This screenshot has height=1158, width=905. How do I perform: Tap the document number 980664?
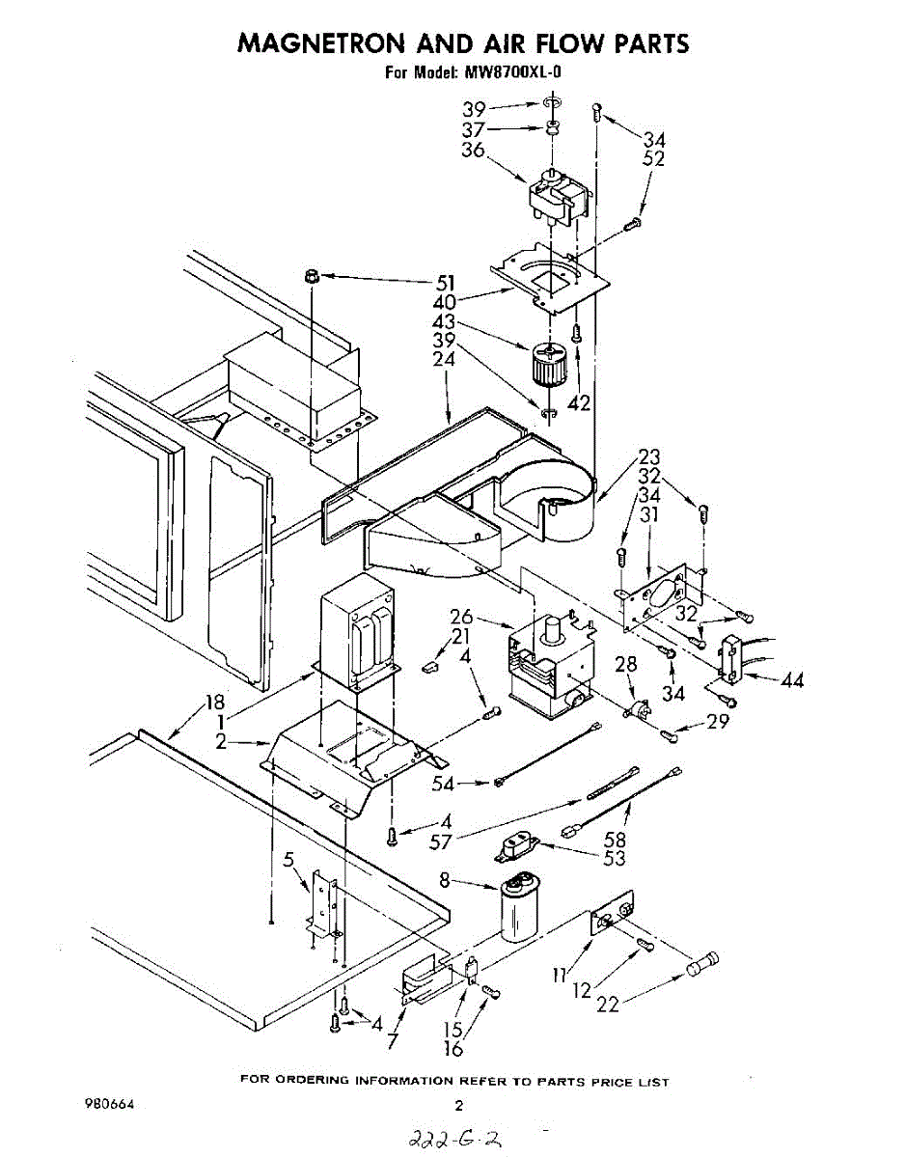coord(111,1104)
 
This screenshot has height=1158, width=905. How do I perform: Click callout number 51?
coord(444,282)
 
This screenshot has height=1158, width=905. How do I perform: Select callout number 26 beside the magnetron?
coord(461,616)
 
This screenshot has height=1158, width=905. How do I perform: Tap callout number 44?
coord(792,681)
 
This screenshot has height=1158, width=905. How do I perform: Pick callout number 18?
coord(215,703)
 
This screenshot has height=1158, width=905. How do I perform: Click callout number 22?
coord(608,1004)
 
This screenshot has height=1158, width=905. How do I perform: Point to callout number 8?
coord(444,879)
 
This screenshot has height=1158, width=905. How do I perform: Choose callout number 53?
coord(615,858)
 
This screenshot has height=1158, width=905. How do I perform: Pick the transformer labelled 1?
coord(358,637)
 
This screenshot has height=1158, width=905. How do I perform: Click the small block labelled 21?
coord(431,665)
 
